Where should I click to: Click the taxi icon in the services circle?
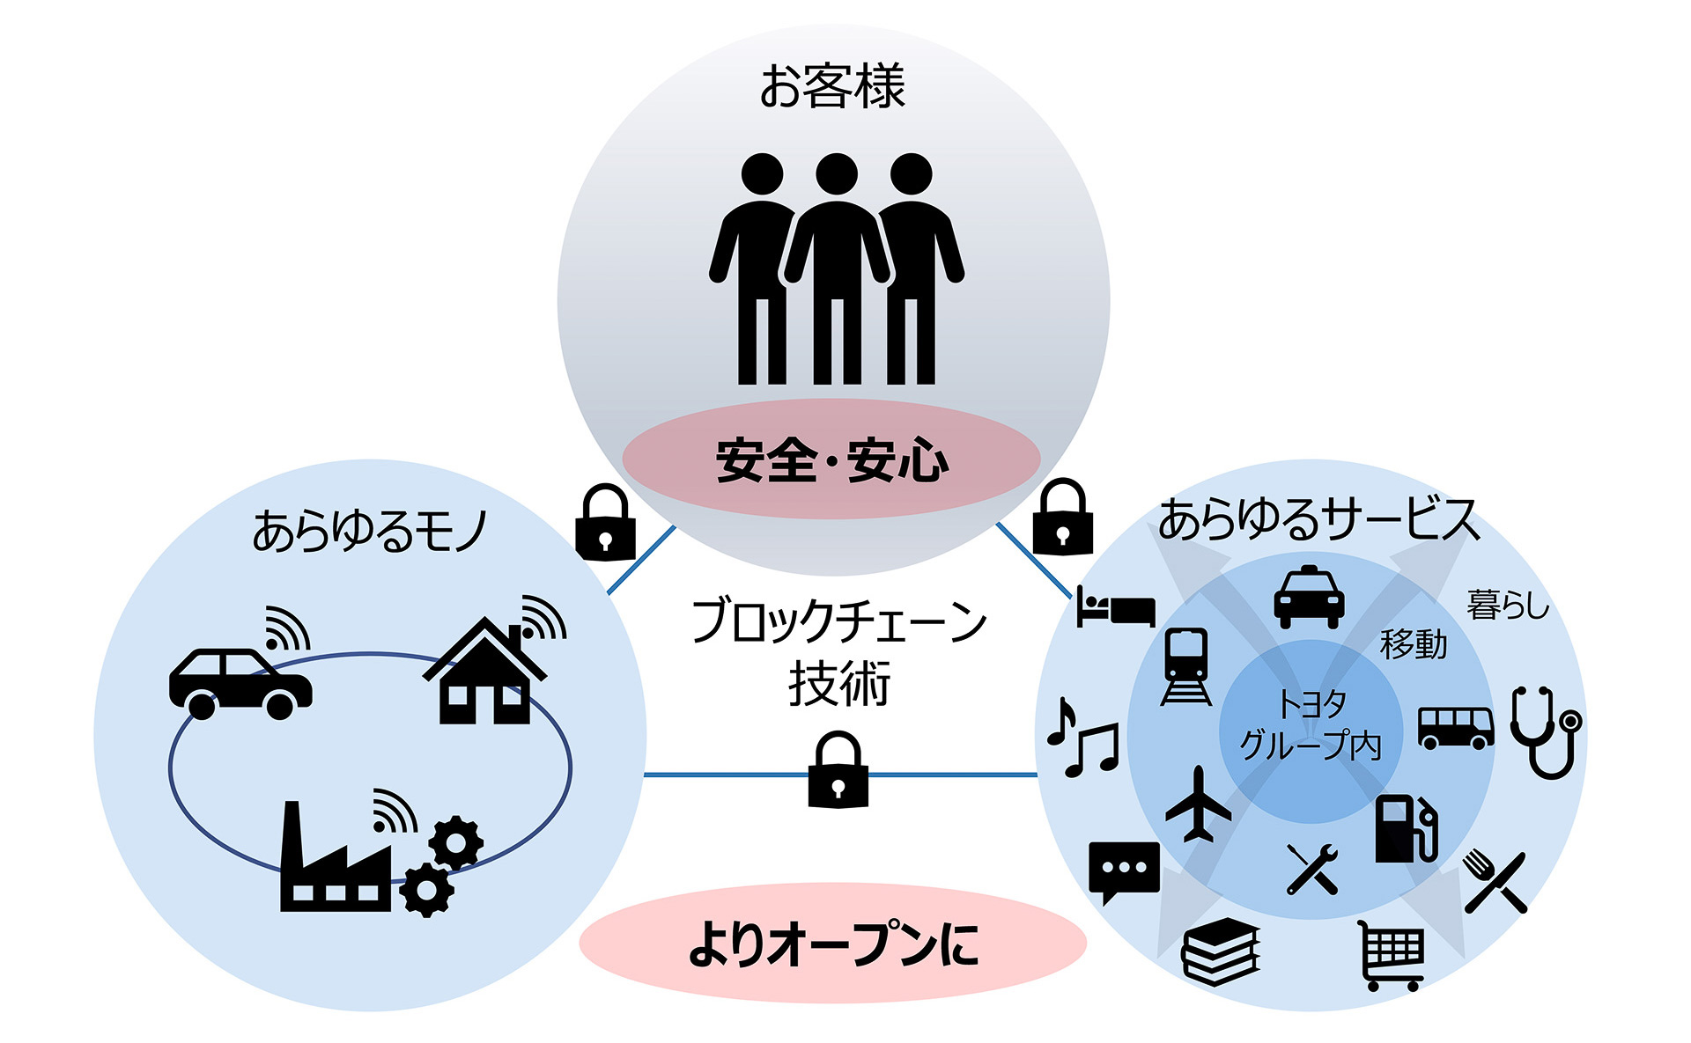pos(1309,599)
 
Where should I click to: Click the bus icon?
pos(1455,728)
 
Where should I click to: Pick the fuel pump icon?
pos(1406,828)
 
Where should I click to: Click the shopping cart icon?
pos(1391,955)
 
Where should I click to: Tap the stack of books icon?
pos(1221,951)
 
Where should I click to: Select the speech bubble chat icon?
pos(1124,870)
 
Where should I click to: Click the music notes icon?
pos(1083,739)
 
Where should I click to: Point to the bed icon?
pos(1115,608)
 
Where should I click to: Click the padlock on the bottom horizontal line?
pos(838,770)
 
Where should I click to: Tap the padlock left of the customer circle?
pos(605,523)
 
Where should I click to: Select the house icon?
pos(484,673)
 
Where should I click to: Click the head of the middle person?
pos(836,173)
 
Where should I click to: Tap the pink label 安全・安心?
pos(831,459)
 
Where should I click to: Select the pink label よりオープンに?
pos(832,944)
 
